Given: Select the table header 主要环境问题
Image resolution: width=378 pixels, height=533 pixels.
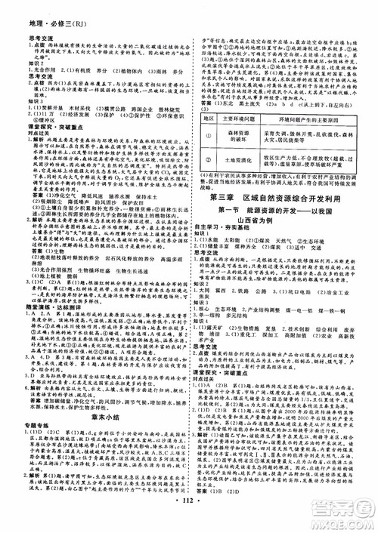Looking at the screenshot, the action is (240, 119).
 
